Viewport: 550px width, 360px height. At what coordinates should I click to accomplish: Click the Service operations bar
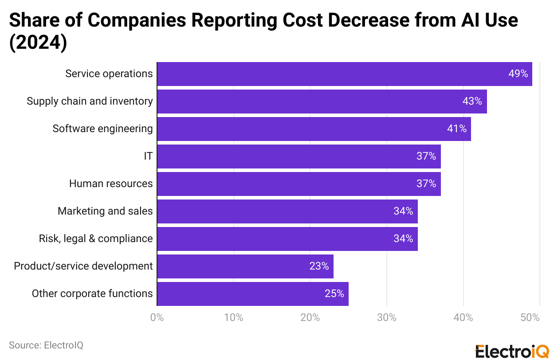[x=345, y=74]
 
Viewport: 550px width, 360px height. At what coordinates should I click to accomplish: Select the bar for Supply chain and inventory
[x=322, y=102]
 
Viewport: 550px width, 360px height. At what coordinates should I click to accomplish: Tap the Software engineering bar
[x=314, y=129]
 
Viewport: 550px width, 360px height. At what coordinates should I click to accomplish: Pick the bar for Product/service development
[x=245, y=266]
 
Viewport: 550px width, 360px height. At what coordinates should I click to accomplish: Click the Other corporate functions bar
[x=253, y=294]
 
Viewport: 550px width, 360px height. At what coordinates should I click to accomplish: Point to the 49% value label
[x=518, y=74]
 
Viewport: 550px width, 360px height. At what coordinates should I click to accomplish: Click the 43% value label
[x=472, y=102]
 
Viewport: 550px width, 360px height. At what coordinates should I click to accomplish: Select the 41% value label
[x=457, y=129]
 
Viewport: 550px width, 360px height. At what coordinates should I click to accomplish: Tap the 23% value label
[x=319, y=266]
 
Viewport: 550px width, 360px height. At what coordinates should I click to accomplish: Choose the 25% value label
[x=334, y=294]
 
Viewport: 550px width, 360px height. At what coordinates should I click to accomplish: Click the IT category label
[x=148, y=157]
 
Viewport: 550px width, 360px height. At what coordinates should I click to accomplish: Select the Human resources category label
[x=111, y=184]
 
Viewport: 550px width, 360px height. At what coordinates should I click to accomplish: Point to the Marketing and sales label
[x=105, y=211]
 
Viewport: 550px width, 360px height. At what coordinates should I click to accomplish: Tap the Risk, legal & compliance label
[x=96, y=239]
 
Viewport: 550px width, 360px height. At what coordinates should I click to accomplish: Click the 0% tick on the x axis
[x=157, y=318]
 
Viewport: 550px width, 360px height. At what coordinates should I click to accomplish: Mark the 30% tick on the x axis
[x=387, y=318]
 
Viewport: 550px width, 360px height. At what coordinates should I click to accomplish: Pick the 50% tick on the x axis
[x=530, y=318]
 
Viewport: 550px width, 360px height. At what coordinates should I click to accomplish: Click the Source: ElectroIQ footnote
[x=46, y=345]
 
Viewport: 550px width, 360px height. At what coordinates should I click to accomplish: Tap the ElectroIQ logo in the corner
[x=512, y=351]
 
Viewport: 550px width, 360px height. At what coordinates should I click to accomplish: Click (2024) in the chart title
[x=38, y=43]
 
